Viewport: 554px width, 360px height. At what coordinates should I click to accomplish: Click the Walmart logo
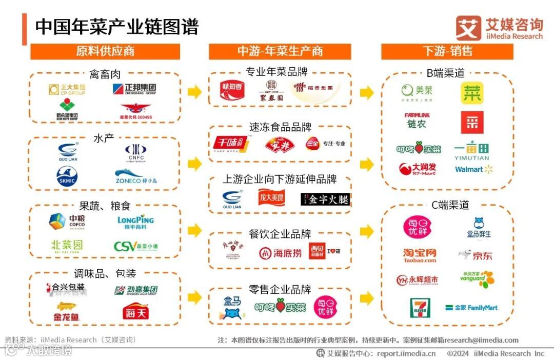click(473, 169)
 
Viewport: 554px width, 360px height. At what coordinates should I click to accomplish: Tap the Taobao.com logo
click(419, 255)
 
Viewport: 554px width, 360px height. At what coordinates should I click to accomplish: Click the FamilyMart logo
click(471, 308)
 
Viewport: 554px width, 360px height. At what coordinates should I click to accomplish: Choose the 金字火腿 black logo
click(325, 199)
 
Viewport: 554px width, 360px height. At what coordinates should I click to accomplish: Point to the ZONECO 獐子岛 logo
click(135, 177)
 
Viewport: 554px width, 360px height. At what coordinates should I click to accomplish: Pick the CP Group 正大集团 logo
click(67, 90)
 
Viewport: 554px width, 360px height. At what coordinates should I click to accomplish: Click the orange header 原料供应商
click(105, 51)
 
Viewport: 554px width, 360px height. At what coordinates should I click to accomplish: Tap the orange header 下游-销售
click(447, 51)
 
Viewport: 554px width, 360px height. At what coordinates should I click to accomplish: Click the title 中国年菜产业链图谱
click(116, 27)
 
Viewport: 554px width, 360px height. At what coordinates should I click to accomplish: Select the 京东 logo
click(475, 255)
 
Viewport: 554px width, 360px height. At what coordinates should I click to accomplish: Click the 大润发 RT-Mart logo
click(417, 169)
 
